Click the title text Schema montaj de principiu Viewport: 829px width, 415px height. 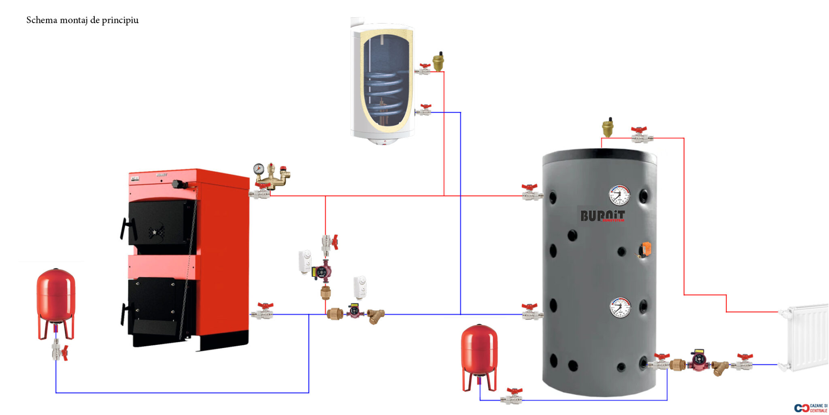point(82,20)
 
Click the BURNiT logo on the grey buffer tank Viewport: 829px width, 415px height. point(602,216)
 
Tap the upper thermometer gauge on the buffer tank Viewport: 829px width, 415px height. point(619,195)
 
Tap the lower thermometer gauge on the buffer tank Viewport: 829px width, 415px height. point(620,308)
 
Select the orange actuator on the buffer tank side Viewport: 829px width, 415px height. point(646,249)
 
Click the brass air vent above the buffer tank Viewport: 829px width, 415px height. point(608,128)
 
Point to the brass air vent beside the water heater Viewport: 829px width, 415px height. point(438,62)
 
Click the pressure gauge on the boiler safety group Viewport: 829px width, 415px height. point(259,169)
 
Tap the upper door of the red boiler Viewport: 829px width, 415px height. point(160,223)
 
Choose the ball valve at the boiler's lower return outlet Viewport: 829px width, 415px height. point(263,312)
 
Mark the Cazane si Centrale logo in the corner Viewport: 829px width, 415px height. point(811,408)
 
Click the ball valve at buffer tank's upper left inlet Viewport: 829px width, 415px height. point(531,193)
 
